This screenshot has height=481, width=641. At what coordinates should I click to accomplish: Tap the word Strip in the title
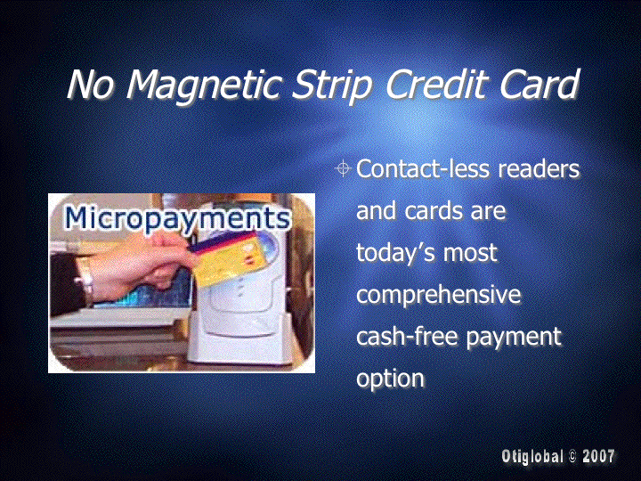click(331, 85)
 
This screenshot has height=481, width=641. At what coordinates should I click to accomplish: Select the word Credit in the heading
click(435, 83)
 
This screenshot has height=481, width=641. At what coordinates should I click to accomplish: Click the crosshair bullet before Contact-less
click(343, 168)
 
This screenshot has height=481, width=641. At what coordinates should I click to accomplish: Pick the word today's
click(394, 252)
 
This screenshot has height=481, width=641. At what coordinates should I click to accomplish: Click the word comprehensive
click(439, 296)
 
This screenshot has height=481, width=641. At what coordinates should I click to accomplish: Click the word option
click(391, 379)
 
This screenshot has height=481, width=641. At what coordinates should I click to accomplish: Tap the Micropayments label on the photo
click(177, 219)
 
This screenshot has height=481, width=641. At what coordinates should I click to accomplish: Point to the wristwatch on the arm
click(85, 281)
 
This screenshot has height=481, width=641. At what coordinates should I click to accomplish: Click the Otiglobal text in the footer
click(532, 456)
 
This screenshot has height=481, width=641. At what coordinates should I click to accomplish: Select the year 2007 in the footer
click(598, 456)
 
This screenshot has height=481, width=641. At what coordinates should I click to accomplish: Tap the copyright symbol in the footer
click(572, 456)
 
